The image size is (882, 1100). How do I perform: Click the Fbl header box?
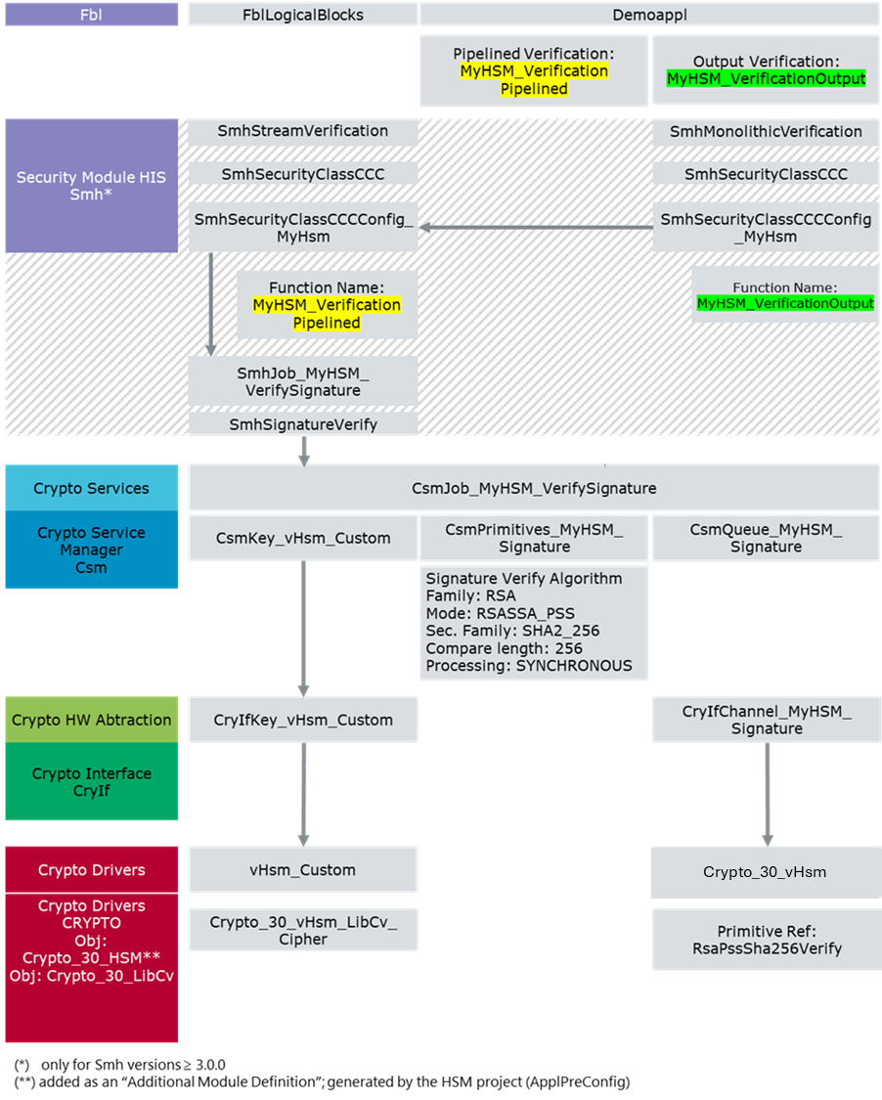click(x=92, y=15)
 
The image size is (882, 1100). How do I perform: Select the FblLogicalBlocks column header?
click(x=302, y=15)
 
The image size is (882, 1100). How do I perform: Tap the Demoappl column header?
click(x=649, y=15)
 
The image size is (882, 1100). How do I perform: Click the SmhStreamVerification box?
click(x=303, y=131)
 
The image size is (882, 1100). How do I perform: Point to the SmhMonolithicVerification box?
click(x=766, y=132)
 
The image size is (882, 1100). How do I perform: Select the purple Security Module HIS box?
click(x=92, y=186)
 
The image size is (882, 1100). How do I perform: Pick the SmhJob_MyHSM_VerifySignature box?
click(x=303, y=381)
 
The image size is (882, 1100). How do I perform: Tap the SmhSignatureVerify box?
click(x=303, y=424)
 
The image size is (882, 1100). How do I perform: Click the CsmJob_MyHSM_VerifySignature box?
click(x=534, y=488)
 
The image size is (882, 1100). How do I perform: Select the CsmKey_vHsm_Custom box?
click(x=303, y=538)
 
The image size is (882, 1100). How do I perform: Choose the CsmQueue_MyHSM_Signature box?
click(x=766, y=538)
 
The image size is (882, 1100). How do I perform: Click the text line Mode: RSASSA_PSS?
click(x=500, y=614)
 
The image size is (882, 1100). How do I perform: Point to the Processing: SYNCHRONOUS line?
click(x=529, y=666)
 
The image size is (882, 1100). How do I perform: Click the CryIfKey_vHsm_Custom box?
click(x=303, y=720)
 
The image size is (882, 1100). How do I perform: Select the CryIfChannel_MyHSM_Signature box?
click(x=766, y=720)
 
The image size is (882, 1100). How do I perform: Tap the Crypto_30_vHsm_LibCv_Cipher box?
click(x=303, y=930)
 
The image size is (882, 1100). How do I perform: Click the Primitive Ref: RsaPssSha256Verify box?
click(x=766, y=940)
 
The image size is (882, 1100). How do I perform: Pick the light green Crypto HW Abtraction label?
click(x=92, y=720)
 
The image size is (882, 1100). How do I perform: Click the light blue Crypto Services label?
click(x=92, y=488)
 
